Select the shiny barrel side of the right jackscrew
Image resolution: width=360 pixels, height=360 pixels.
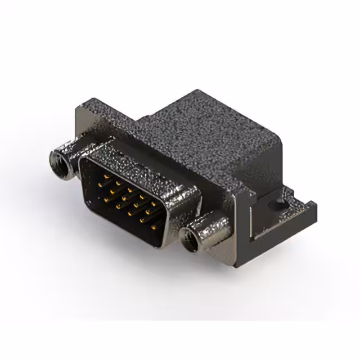[213, 228]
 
